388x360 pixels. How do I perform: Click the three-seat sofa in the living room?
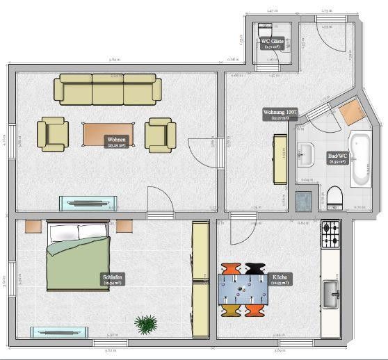(x=108, y=90)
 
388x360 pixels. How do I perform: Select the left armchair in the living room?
(x=53, y=133)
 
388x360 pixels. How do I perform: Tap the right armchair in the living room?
(x=161, y=133)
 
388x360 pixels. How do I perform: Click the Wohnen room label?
(x=116, y=142)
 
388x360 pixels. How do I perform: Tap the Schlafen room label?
(x=113, y=279)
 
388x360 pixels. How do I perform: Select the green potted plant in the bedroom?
(x=146, y=323)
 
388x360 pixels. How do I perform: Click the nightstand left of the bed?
(x=33, y=227)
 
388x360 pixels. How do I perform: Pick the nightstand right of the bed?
(x=124, y=227)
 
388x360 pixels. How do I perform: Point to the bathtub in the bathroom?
(x=362, y=158)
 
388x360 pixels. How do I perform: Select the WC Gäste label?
(x=272, y=43)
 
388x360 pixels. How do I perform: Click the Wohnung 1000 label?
(x=280, y=114)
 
